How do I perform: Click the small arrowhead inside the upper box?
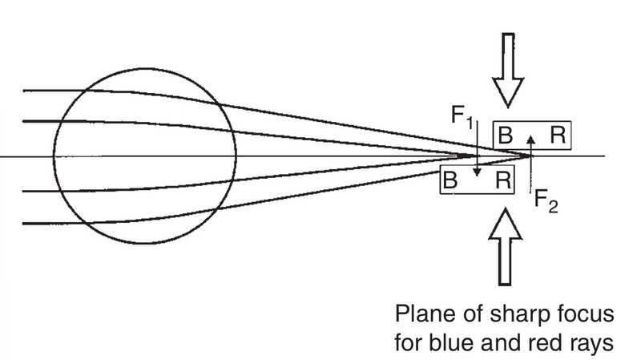(530, 139)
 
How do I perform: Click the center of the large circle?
(145, 156)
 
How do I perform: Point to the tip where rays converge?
(529, 155)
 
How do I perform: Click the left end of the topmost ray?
(24, 90)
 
